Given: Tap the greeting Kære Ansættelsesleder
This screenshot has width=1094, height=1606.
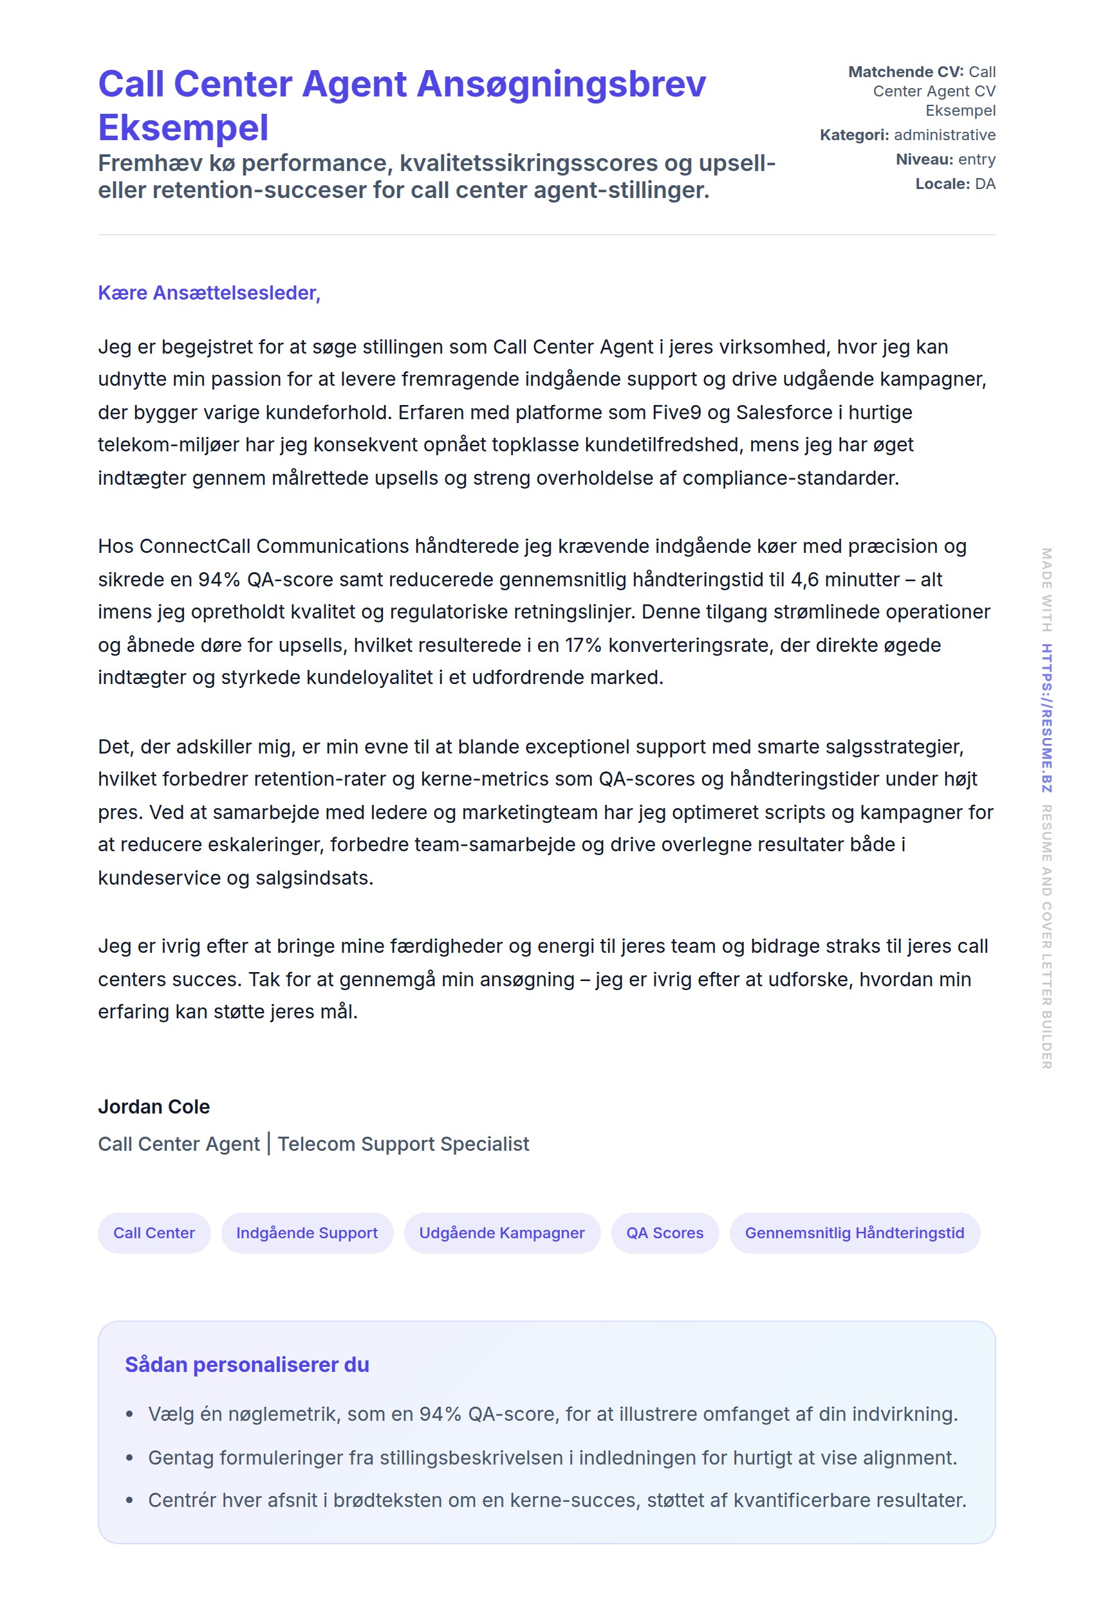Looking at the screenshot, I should pyautogui.click(x=209, y=293).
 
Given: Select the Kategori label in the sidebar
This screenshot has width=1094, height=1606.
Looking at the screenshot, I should pyautogui.click(x=854, y=135).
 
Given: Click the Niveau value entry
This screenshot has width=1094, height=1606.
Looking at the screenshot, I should pyautogui.click(x=976, y=159).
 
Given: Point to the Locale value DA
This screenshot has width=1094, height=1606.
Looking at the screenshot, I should pyautogui.click(x=985, y=184).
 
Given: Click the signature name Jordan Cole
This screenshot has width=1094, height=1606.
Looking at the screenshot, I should pyautogui.click(x=154, y=1106).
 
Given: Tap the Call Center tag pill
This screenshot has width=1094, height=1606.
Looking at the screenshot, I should pyautogui.click(x=154, y=1233).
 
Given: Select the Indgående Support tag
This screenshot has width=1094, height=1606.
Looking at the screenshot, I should pyautogui.click(x=307, y=1233).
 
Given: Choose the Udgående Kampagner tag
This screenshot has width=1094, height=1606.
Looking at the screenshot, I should pyautogui.click(x=501, y=1233).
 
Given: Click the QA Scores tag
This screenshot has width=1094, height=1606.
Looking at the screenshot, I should pyautogui.click(x=665, y=1233).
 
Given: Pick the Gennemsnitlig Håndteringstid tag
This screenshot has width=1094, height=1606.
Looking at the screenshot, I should pyautogui.click(x=854, y=1233).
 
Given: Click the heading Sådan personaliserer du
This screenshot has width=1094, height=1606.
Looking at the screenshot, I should pyautogui.click(x=247, y=1365).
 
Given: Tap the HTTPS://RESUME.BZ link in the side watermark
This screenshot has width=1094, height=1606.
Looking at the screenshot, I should pyautogui.click(x=1046, y=718).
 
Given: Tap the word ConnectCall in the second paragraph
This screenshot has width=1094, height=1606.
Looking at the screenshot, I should pyautogui.click(x=194, y=546).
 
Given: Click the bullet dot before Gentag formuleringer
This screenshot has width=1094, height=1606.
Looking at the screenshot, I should pyautogui.click(x=129, y=1458).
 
